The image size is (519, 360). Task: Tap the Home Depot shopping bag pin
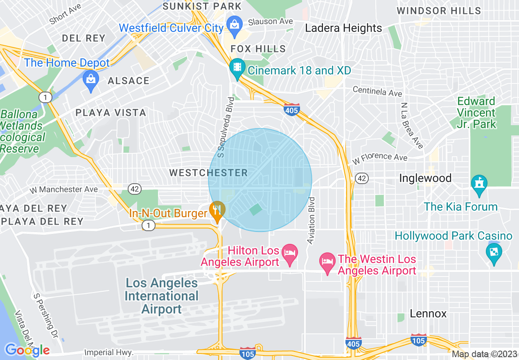click(x=90, y=77)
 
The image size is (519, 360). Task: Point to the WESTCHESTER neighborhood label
click(x=209, y=173)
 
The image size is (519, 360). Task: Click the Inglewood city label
click(x=425, y=178)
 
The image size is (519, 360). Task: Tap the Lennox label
click(x=428, y=314)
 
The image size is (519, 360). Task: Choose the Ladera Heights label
click(x=344, y=28)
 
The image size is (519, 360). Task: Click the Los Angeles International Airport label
click(x=162, y=296)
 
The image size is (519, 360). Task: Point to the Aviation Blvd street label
click(x=311, y=221)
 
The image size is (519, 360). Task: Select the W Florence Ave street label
click(x=380, y=157)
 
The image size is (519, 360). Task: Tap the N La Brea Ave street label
click(x=412, y=126)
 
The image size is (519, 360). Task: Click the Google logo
click(x=27, y=350)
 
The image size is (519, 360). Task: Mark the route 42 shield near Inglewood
click(x=361, y=178)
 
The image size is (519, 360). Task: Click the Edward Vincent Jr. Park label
click(x=476, y=112)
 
